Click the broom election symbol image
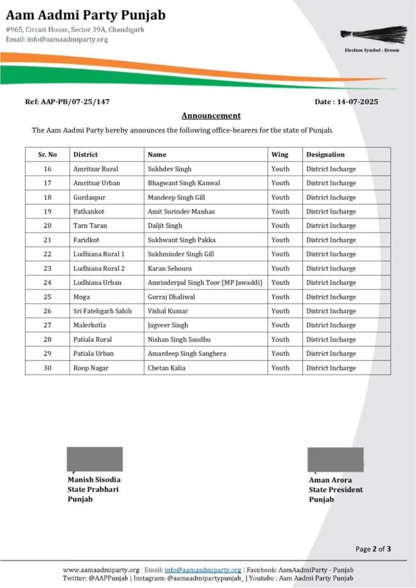pyautogui.click(x=374, y=35)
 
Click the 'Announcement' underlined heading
pyautogui.click(x=211, y=116)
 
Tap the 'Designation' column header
pyautogui.click(x=325, y=155)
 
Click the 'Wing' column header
pyautogui.click(x=280, y=155)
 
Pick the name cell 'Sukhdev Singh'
pyautogui.click(x=170, y=169)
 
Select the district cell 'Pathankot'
pyautogui.click(x=89, y=212)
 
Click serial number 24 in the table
pyautogui.click(x=47, y=282)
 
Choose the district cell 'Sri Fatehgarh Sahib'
pyautogui.click(x=101, y=311)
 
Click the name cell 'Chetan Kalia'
pyautogui.click(x=166, y=368)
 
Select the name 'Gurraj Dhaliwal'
pyautogui.click(x=171, y=297)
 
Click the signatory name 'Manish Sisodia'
pyautogui.click(x=94, y=479)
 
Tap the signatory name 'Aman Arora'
pyautogui.click(x=330, y=480)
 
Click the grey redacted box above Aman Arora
pyautogui.click(x=335, y=460)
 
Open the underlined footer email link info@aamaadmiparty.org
pyautogui.click(x=203, y=570)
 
